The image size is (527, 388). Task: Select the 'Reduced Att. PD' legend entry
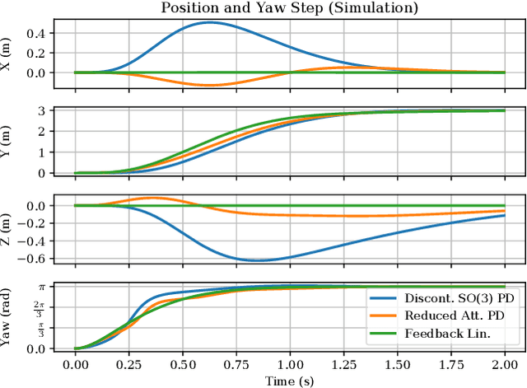[x=450, y=316]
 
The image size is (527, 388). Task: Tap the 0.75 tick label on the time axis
[x=236, y=364]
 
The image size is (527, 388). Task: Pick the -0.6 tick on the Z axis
[x=36, y=259]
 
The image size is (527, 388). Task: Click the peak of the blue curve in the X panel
[x=208, y=22]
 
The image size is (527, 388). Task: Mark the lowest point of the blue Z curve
[x=258, y=260]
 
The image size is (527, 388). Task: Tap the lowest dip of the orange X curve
[x=209, y=85]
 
